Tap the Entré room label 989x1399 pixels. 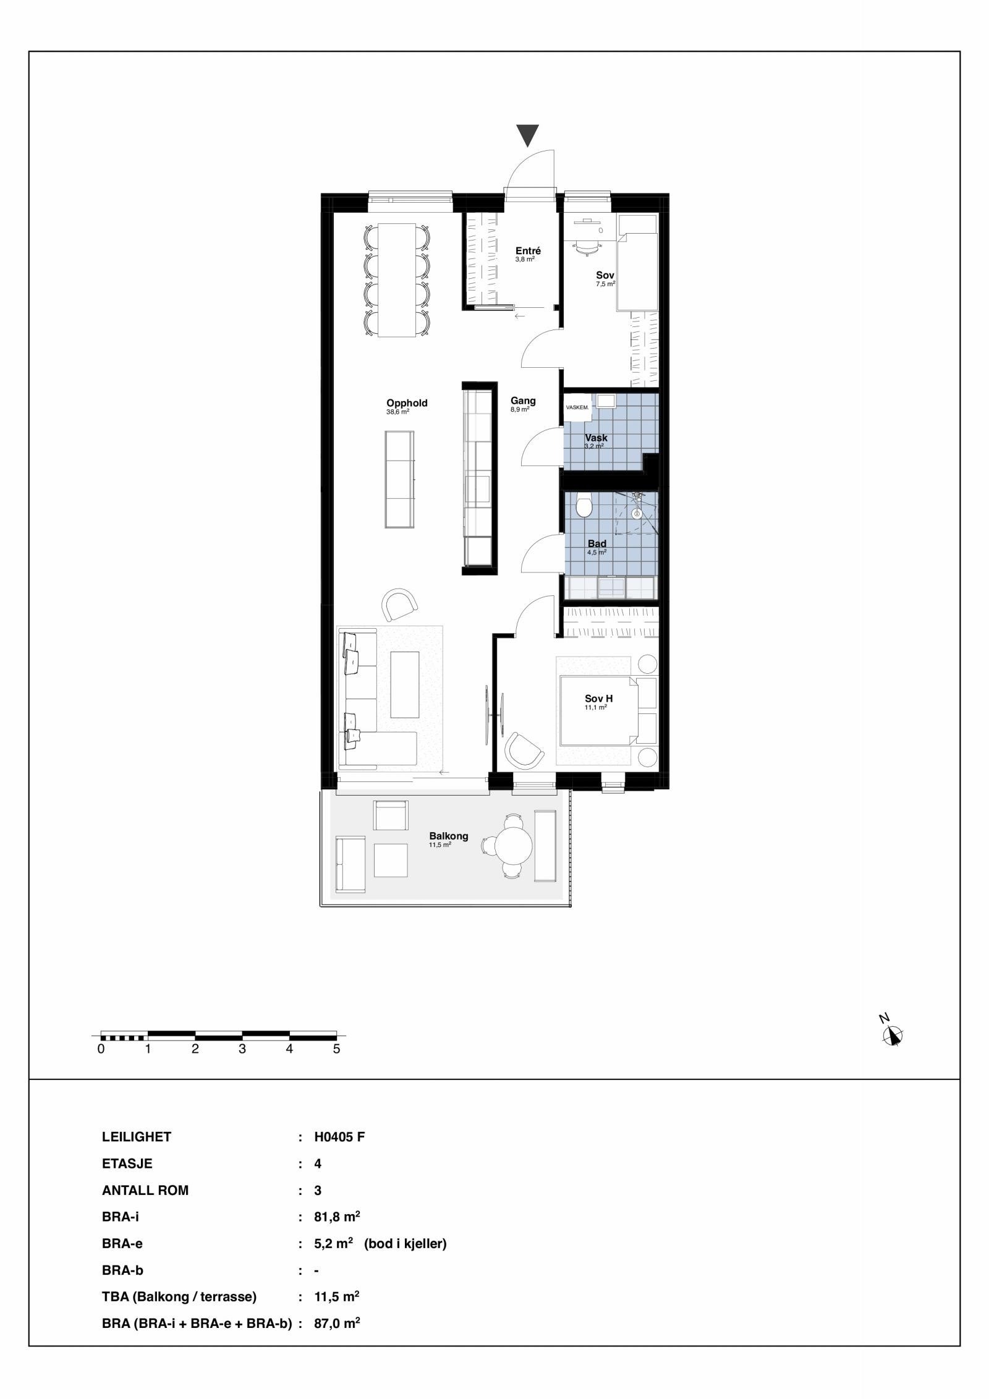(x=528, y=251)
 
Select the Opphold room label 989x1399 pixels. (x=407, y=403)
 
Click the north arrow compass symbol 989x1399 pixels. (x=892, y=1035)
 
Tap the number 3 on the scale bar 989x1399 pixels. (x=242, y=1049)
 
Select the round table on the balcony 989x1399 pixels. (x=514, y=844)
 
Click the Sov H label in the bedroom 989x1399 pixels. (x=598, y=699)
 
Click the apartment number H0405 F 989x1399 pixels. (x=339, y=1137)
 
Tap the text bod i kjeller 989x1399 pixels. (x=405, y=1244)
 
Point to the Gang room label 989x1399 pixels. (x=523, y=401)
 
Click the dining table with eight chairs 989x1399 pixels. (x=397, y=280)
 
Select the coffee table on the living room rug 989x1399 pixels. (x=405, y=684)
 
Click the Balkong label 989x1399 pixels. (x=449, y=836)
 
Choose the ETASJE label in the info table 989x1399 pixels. (x=127, y=1163)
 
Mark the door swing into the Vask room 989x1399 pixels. (x=539, y=446)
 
